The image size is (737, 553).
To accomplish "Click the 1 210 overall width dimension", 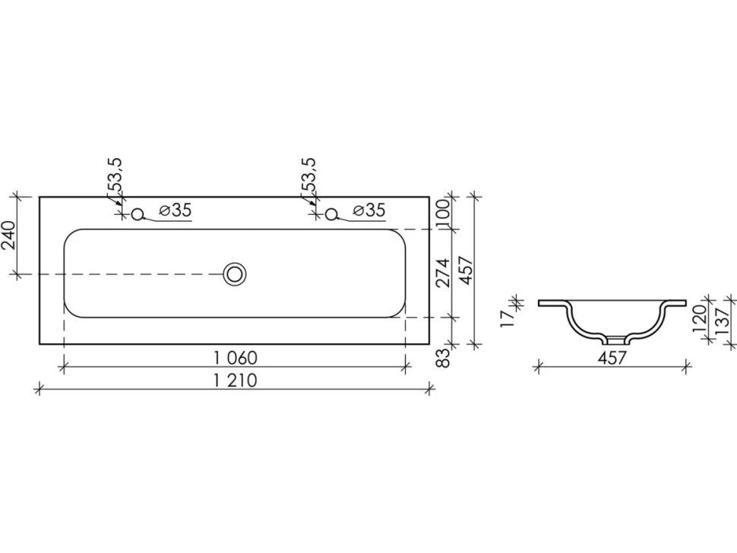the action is [236, 380].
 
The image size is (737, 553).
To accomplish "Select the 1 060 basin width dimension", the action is [236, 358].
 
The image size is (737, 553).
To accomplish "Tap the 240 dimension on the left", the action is [9, 235].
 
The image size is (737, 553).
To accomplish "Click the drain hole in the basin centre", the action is [234, 274].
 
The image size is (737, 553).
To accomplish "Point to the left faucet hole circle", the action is [138, 214].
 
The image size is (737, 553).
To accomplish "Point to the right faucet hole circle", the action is [331, 214].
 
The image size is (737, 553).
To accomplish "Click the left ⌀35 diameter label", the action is [176, 210].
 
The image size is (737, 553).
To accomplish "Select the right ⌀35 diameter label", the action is [369, 210].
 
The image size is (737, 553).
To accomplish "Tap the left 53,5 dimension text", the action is [115, 175].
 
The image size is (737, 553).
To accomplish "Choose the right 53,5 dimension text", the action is [308, 175].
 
